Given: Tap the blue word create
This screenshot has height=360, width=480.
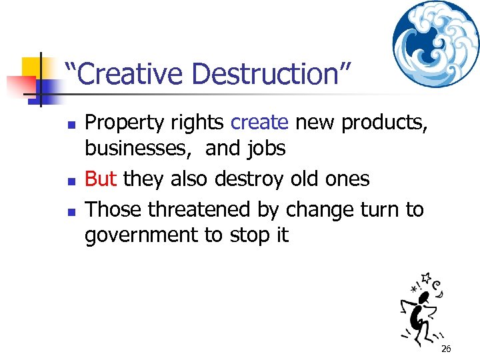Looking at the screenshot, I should click(x=259, y=123).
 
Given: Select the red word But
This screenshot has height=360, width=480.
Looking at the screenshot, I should click(x=101, y=179).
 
